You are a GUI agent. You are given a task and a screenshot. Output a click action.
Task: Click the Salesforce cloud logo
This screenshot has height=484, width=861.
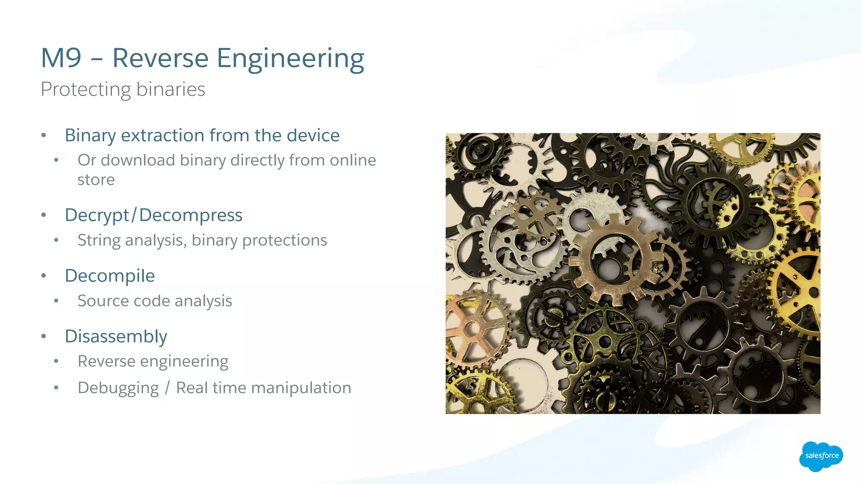[821, 456]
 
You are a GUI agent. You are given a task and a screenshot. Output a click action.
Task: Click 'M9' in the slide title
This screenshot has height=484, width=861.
[61, 58]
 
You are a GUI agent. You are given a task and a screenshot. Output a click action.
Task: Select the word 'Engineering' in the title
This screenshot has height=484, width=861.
[290, 59]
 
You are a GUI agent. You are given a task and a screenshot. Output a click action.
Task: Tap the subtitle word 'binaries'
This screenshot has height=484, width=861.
[171, 89]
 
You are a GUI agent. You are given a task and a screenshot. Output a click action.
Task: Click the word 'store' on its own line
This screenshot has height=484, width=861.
[96, 180]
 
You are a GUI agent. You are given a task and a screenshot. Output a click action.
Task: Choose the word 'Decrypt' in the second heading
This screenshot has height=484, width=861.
[97, 215]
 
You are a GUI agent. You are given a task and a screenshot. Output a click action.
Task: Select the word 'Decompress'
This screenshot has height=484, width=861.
[191, 215]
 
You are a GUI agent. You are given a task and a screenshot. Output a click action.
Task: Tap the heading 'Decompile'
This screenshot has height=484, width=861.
[110, 276]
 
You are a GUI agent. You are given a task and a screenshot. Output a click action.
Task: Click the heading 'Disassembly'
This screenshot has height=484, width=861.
[116, 336]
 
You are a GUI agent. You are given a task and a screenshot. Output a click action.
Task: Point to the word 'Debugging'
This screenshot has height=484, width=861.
[118, 388]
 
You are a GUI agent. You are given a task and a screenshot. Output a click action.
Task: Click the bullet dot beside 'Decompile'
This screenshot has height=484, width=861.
[44, 276]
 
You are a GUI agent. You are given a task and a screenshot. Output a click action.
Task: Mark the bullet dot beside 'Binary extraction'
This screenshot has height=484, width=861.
[44, 135]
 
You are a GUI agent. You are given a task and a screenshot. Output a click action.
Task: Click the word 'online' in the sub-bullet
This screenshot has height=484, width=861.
[353, 160]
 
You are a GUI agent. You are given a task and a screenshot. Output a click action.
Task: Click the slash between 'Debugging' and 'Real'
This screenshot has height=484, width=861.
[167, 388]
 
